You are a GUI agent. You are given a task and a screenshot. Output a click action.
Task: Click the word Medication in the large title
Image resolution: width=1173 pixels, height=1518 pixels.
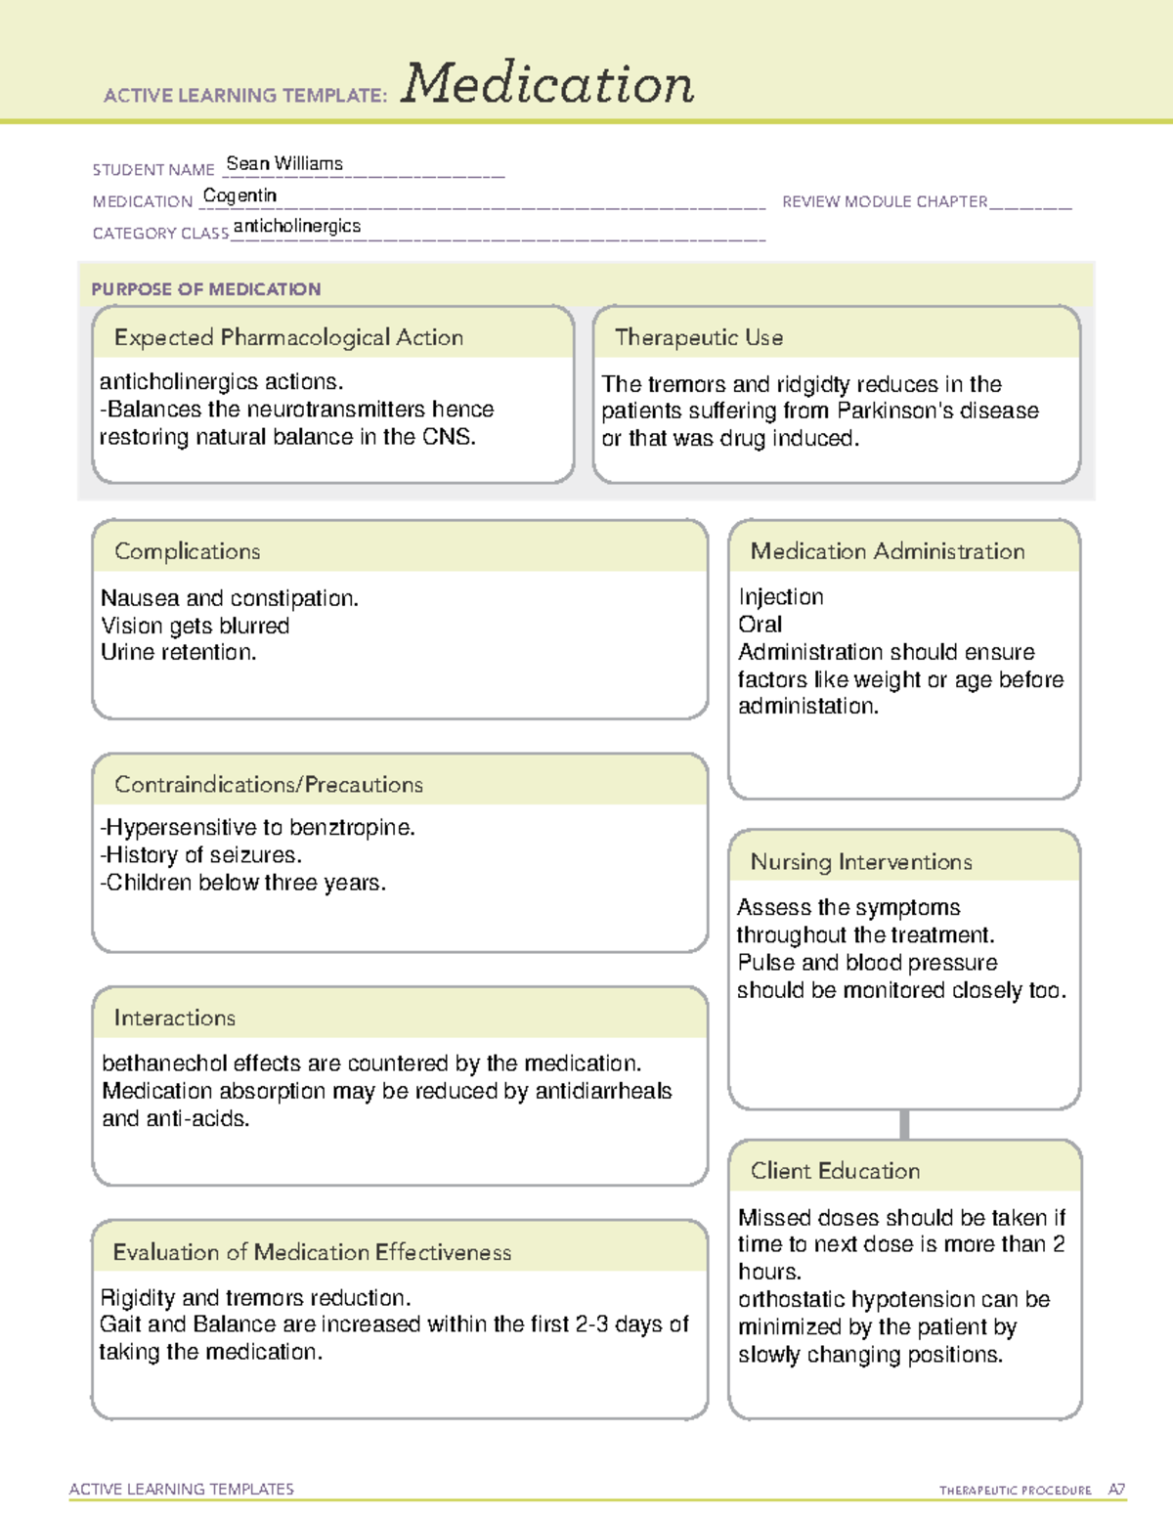click(547, 84)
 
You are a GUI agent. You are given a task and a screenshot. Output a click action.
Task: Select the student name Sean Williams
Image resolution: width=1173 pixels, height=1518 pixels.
click(284, 164)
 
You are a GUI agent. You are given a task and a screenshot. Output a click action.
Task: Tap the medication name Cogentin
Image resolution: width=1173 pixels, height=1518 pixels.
click(239, 195)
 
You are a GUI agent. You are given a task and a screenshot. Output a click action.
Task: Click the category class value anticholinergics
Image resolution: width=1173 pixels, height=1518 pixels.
click(297, 226)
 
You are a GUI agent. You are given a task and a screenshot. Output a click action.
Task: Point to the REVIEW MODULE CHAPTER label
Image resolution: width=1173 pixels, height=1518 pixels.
click(885, 201)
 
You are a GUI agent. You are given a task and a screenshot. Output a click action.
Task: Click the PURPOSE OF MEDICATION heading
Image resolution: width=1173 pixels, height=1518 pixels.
click(205, 289)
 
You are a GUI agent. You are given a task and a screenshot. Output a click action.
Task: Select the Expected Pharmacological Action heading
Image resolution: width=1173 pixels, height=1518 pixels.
click(288, 337)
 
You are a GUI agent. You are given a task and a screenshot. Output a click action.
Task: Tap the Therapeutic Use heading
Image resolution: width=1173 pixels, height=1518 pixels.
click(699, 337)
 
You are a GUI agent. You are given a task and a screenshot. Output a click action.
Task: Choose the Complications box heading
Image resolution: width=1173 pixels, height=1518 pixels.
click(188, 551)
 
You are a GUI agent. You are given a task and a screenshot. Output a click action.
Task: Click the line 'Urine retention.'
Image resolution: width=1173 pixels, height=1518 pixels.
click(179, 652)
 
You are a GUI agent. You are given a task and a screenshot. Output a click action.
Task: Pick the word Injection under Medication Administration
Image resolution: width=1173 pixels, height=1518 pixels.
click(781, 597)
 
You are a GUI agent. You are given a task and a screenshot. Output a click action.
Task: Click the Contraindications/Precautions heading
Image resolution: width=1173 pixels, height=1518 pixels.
click(269, 784)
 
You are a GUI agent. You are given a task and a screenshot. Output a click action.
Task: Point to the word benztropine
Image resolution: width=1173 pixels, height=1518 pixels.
click(352, 828)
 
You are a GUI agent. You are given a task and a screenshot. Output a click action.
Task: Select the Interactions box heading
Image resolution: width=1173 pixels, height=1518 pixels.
click(175, 1018)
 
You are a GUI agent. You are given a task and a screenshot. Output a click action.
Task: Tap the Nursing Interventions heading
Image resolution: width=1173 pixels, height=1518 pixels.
click(861, 861)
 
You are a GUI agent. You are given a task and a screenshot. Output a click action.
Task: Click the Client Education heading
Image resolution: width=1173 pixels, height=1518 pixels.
click(836, 1171)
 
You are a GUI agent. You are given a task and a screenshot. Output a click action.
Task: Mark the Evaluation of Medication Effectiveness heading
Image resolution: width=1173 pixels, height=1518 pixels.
click(312, 1252)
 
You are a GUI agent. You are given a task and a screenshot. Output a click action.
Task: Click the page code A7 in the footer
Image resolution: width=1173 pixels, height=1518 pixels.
click(1116, 1490)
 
